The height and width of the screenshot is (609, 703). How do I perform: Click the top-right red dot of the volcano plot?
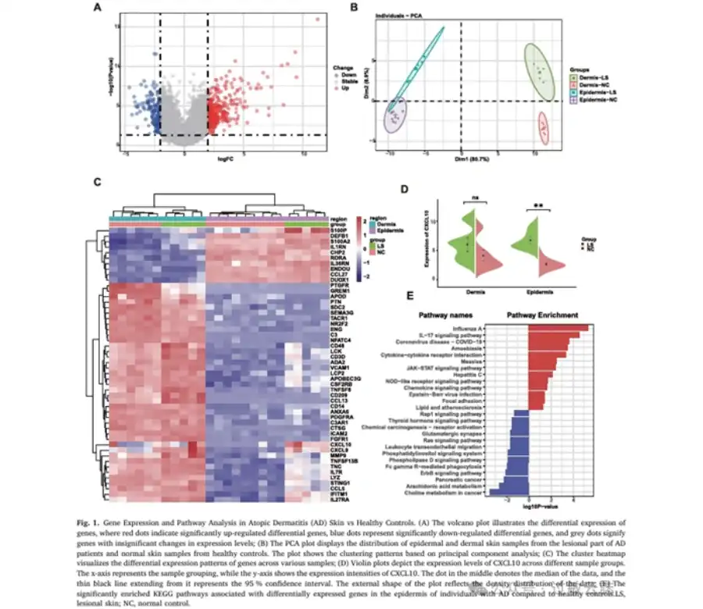318,19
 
